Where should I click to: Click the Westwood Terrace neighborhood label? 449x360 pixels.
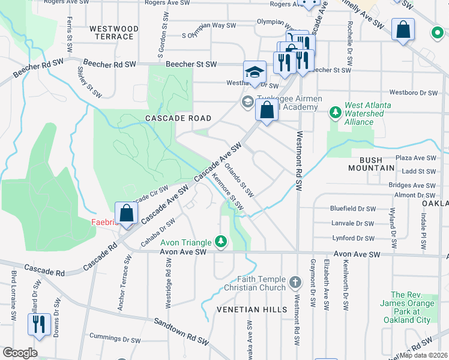click(x=113, y=32)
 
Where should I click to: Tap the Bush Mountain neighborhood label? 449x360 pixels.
click(x=377, y=164)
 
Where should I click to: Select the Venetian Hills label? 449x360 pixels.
click(x=244, y=309)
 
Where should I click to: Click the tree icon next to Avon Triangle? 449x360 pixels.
click(x=221, y=242)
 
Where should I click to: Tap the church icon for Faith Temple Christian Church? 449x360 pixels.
click(x=294, y=281)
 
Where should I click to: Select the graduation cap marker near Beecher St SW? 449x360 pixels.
click(x=255, y=72)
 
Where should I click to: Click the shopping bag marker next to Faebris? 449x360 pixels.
click(x=126, y=213)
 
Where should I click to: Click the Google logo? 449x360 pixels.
click(x=20, y=353)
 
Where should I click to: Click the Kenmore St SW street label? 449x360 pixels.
click(x=228, y=192)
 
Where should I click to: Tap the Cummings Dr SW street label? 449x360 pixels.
click(x=115, y=337)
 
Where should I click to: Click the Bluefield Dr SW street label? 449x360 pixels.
click(x=353, y=208)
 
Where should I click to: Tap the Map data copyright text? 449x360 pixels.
click(x=424, y=355)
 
